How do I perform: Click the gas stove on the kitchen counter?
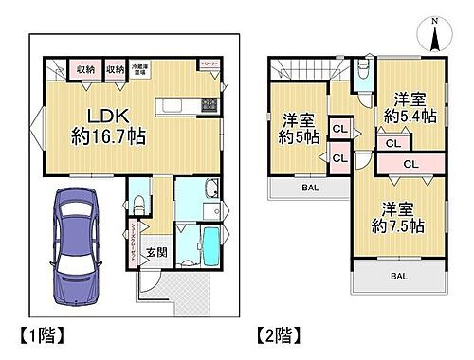point(209,105)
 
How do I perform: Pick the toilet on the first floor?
point(138,203)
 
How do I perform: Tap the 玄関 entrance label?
point(156,252)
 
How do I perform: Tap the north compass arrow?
point(434,35)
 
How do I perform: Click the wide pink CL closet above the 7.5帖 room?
point(410,165)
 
